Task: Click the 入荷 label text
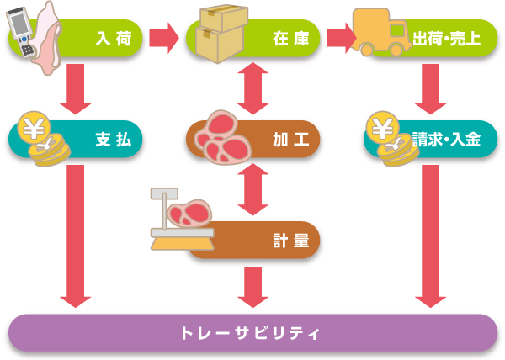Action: (x=114, y=39)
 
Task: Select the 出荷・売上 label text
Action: (x=448, y=39)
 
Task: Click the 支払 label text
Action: (x=114, y=139)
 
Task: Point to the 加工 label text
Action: (x=285, y=139)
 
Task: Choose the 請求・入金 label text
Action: (x=448, y=139)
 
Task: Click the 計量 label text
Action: (x=285, y=240)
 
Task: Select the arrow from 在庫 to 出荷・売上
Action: (x=339, y=36)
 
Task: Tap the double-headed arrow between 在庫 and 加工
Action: (x=253, y=87)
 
